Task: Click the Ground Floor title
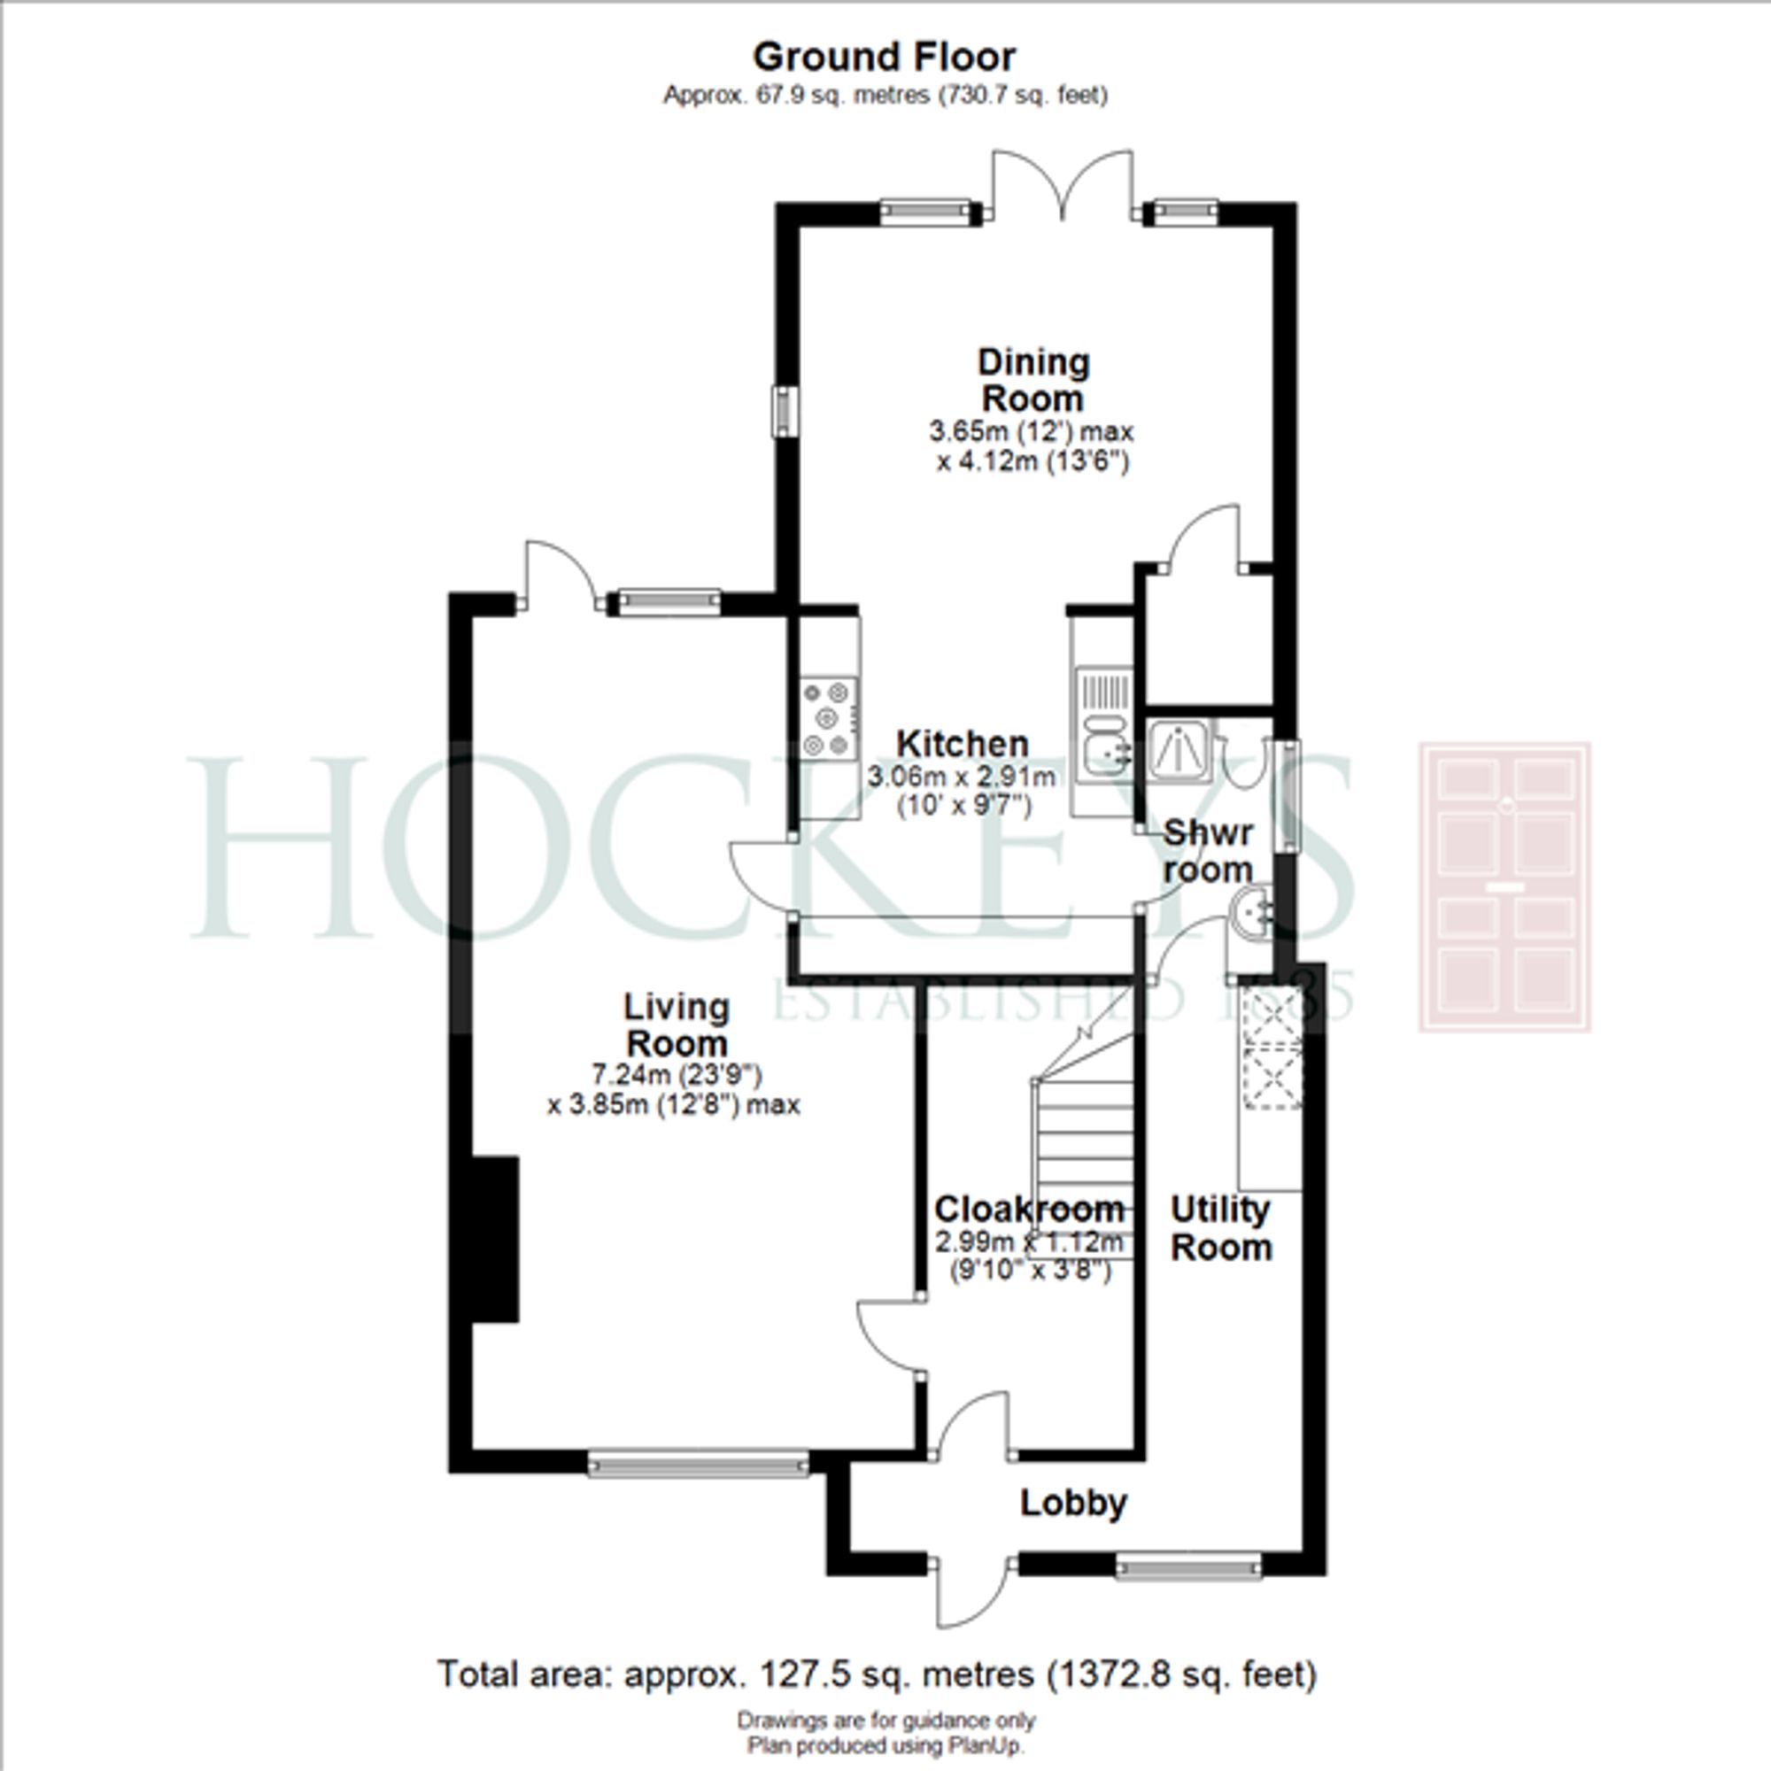pyautogui.click(x=884, y=57)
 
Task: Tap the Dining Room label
pyautogui.click(x=1033, y=381)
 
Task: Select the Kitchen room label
pyautogui.click(x=962, y=744)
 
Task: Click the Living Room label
pyautogui.click(x=677, y=1025)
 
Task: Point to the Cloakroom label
pyautogui.click(x=1028, y=1209)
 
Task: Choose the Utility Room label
pyautogui.click(x=1220, y=1228)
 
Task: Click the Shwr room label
pyautogui.click(x=1207, y=852)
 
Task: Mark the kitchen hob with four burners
pyautogui.click(x=830, y=719)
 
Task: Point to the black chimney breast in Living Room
pyautogui.click(x=496, y=1240)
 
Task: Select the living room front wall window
pyautogui.click(x=698, y=1463)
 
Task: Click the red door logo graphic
pyautogui.click(x=1504, y=886)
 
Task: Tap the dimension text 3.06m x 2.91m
pyautogui.click(x=962, y=777)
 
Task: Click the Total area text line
pyautogui.click(x=878, y=1674)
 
